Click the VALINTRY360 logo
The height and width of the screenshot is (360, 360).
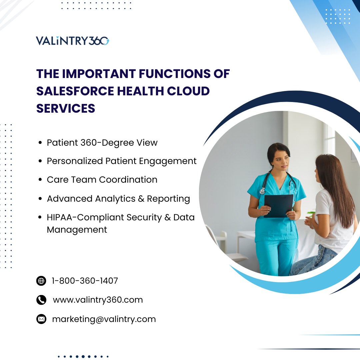[x=73, y=41]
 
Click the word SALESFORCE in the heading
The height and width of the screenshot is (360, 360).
[x=75, y=91]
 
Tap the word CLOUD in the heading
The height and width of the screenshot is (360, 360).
[x=188, y=91]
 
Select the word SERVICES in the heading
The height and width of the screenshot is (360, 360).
[x=66, y=108]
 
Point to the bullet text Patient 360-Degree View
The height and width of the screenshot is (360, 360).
[x=102, y=143]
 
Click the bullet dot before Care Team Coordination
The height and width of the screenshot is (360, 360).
[x=40, y=180]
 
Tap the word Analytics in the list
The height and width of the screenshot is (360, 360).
[x=115, y=199]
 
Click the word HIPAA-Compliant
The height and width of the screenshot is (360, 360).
[x=85, y=217]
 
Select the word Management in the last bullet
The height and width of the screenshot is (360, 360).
[x=77, y=230]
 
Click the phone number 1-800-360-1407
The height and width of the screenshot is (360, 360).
[x=85, y=281]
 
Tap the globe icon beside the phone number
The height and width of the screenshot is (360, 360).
[x=41, y=281]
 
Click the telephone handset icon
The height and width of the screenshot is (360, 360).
[x=41, y=300]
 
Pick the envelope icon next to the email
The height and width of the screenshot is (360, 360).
[x=41, y=319]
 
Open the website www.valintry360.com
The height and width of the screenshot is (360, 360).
[x=98, y=300]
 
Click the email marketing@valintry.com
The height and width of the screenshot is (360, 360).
[x=104, y=319]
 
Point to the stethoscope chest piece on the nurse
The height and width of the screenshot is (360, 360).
[x=262, y=191]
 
